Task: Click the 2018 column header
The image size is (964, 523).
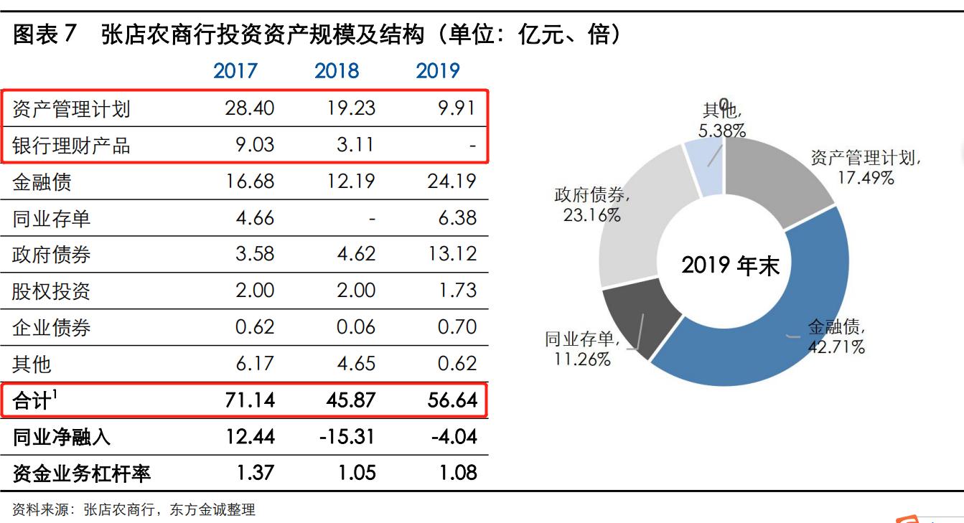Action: (x=337, y=71)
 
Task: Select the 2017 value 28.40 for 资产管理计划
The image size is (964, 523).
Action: (x=249, y=108)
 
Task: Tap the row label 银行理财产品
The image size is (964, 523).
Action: (x=71, y=146)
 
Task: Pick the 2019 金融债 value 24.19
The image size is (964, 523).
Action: (x=451, y=182)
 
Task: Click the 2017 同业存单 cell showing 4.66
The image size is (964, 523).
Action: (x=255, y=217)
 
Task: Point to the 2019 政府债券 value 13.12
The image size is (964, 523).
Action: (x=451, y=254)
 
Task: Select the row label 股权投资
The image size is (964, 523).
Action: (x=51, y=291)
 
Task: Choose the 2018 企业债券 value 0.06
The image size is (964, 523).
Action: (x=356, y=327)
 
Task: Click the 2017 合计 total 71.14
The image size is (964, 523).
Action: (x=249, y=400)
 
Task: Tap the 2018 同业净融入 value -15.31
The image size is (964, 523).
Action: (x=347, y=436)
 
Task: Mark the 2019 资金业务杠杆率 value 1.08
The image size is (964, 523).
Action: (x=457, y=473)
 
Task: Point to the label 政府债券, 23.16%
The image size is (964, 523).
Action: (x=591, y=204)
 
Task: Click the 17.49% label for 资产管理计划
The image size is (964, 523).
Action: (x=866, y=178)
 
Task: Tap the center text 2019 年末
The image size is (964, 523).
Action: (x=730, y=265)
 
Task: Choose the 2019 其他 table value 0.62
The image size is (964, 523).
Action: (x=457, y=364)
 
